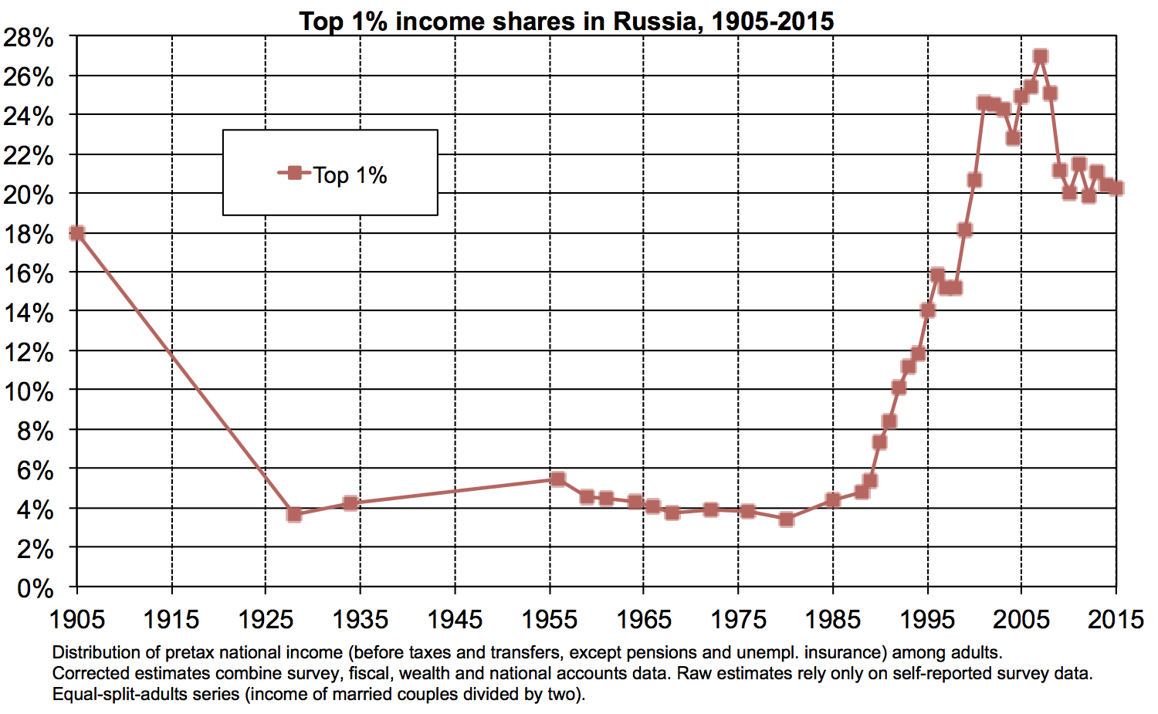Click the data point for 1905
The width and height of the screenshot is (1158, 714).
(76, 233)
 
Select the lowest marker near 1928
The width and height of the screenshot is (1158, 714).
(293, 514)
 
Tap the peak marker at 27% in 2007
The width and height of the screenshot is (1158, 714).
(1040, 56)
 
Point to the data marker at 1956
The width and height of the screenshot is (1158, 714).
(558, 479)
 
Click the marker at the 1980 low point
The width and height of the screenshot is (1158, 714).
(786, 519)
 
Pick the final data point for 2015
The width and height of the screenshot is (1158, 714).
(1116, 188)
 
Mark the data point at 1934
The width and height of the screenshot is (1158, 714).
(350, 503)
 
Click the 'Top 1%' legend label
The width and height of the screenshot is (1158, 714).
(350, 175)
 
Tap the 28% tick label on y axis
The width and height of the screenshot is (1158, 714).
(29, 37)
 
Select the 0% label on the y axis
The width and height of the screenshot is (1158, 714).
(35, 589)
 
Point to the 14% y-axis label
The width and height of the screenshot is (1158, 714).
(29, 313)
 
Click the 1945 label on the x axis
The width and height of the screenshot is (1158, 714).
(455, 619)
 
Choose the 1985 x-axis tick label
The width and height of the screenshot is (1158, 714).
(833, 619)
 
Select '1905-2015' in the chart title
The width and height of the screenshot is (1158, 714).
(773, 21)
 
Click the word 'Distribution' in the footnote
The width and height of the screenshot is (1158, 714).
(98, 653)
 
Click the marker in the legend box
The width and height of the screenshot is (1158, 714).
(294, 173)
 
